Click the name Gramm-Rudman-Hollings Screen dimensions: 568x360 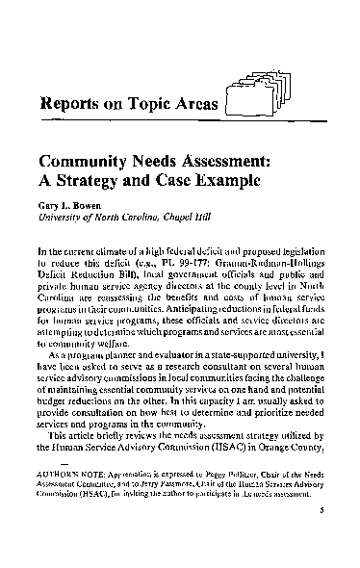coord(275,264)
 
